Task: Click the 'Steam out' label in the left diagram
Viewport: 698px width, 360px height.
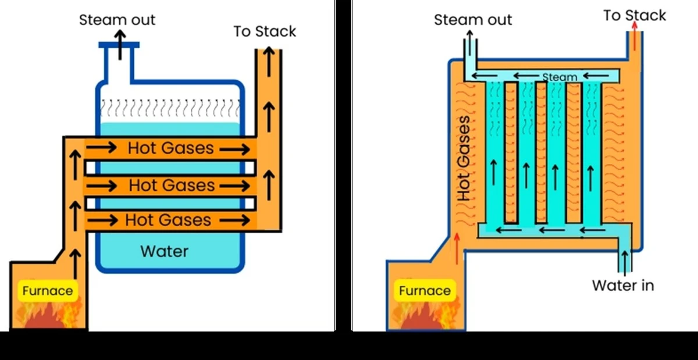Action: (117, 20)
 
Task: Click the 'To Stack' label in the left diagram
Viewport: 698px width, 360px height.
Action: (265, 31)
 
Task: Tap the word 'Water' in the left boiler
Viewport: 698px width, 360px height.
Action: (165, 251)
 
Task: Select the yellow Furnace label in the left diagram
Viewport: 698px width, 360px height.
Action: (48, 291)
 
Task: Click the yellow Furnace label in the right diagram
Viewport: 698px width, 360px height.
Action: (425, 291)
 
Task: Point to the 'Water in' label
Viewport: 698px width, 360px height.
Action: (623, 286)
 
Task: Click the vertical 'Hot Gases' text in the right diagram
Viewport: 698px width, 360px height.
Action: (464, 158)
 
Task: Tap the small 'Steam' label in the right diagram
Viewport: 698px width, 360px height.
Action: (560, 77)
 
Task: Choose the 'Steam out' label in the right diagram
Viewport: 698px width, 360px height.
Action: (473, 20)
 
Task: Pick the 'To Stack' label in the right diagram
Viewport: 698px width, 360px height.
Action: (634, 16)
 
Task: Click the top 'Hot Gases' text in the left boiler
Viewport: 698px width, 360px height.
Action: (171, 148)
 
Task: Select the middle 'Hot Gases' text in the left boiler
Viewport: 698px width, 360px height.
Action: (172, 186)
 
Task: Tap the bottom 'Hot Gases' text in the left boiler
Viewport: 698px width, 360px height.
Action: (168, 220)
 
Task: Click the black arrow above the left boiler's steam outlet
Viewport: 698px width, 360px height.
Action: (120, 44)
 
